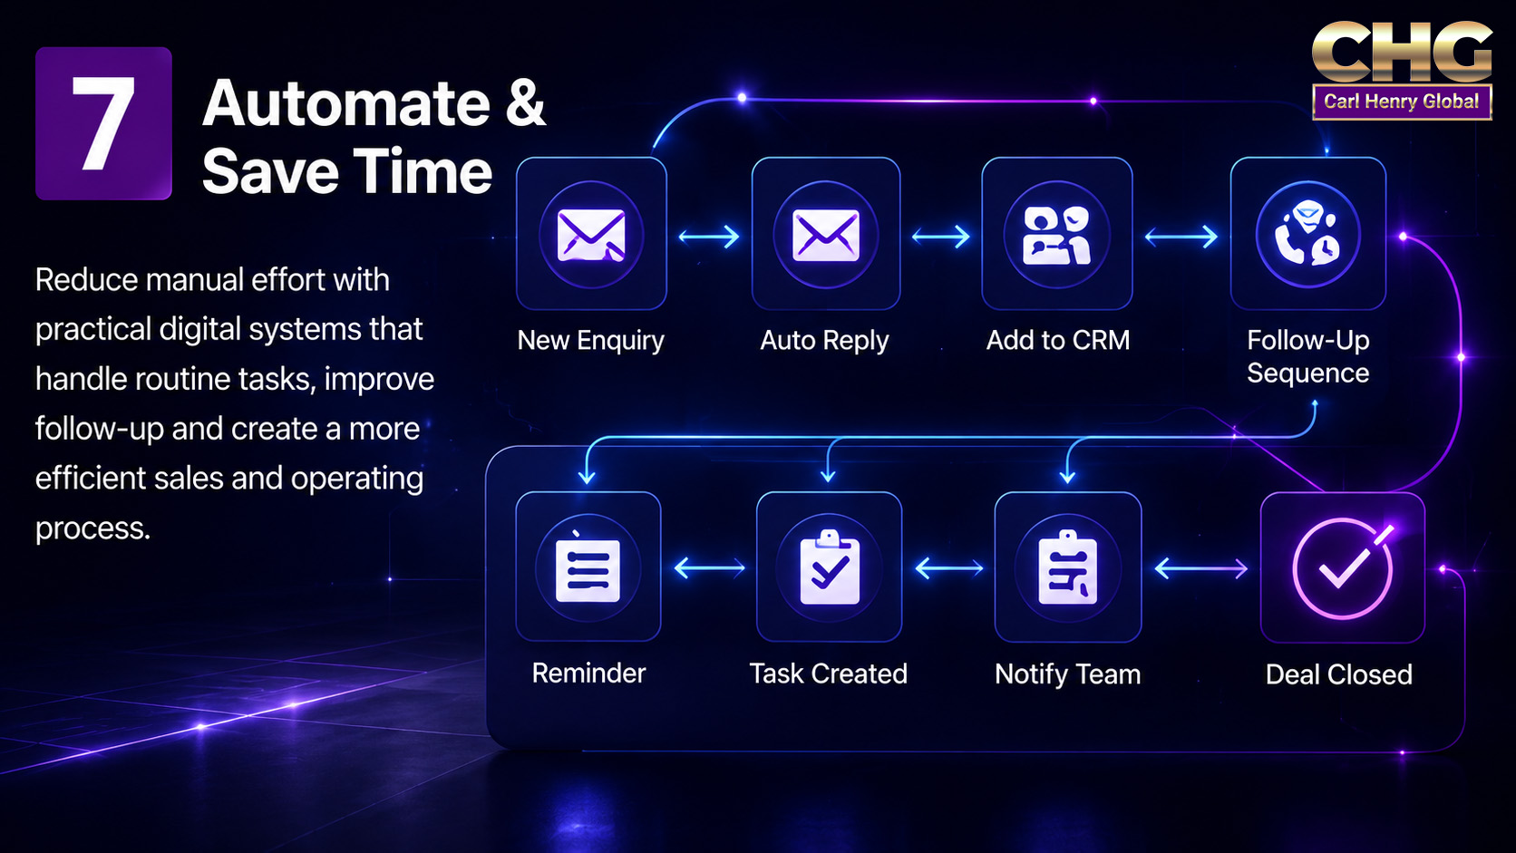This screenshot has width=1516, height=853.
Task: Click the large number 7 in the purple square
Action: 102,122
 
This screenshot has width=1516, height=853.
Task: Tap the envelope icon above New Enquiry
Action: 591,235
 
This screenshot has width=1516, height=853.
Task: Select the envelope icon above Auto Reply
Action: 826,236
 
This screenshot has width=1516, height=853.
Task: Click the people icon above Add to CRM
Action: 1056,235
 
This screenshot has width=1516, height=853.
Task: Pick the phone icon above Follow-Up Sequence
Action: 1307,234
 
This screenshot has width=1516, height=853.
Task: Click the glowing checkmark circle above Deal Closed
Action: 1343,567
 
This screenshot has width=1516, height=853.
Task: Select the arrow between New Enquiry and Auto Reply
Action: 709,237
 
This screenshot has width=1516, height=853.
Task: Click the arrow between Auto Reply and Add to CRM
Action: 941,237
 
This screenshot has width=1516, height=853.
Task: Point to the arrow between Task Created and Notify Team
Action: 948,568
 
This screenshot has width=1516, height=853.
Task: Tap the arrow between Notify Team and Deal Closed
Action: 1200,568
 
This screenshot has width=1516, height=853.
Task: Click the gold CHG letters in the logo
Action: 1402,52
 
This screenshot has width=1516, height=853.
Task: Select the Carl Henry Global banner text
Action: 1401,102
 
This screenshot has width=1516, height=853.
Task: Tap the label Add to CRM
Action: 1058,340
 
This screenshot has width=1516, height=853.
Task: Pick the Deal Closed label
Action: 1338,674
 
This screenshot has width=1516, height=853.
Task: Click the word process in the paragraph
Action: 92,528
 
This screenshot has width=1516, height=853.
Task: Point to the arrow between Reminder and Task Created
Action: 709,568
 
